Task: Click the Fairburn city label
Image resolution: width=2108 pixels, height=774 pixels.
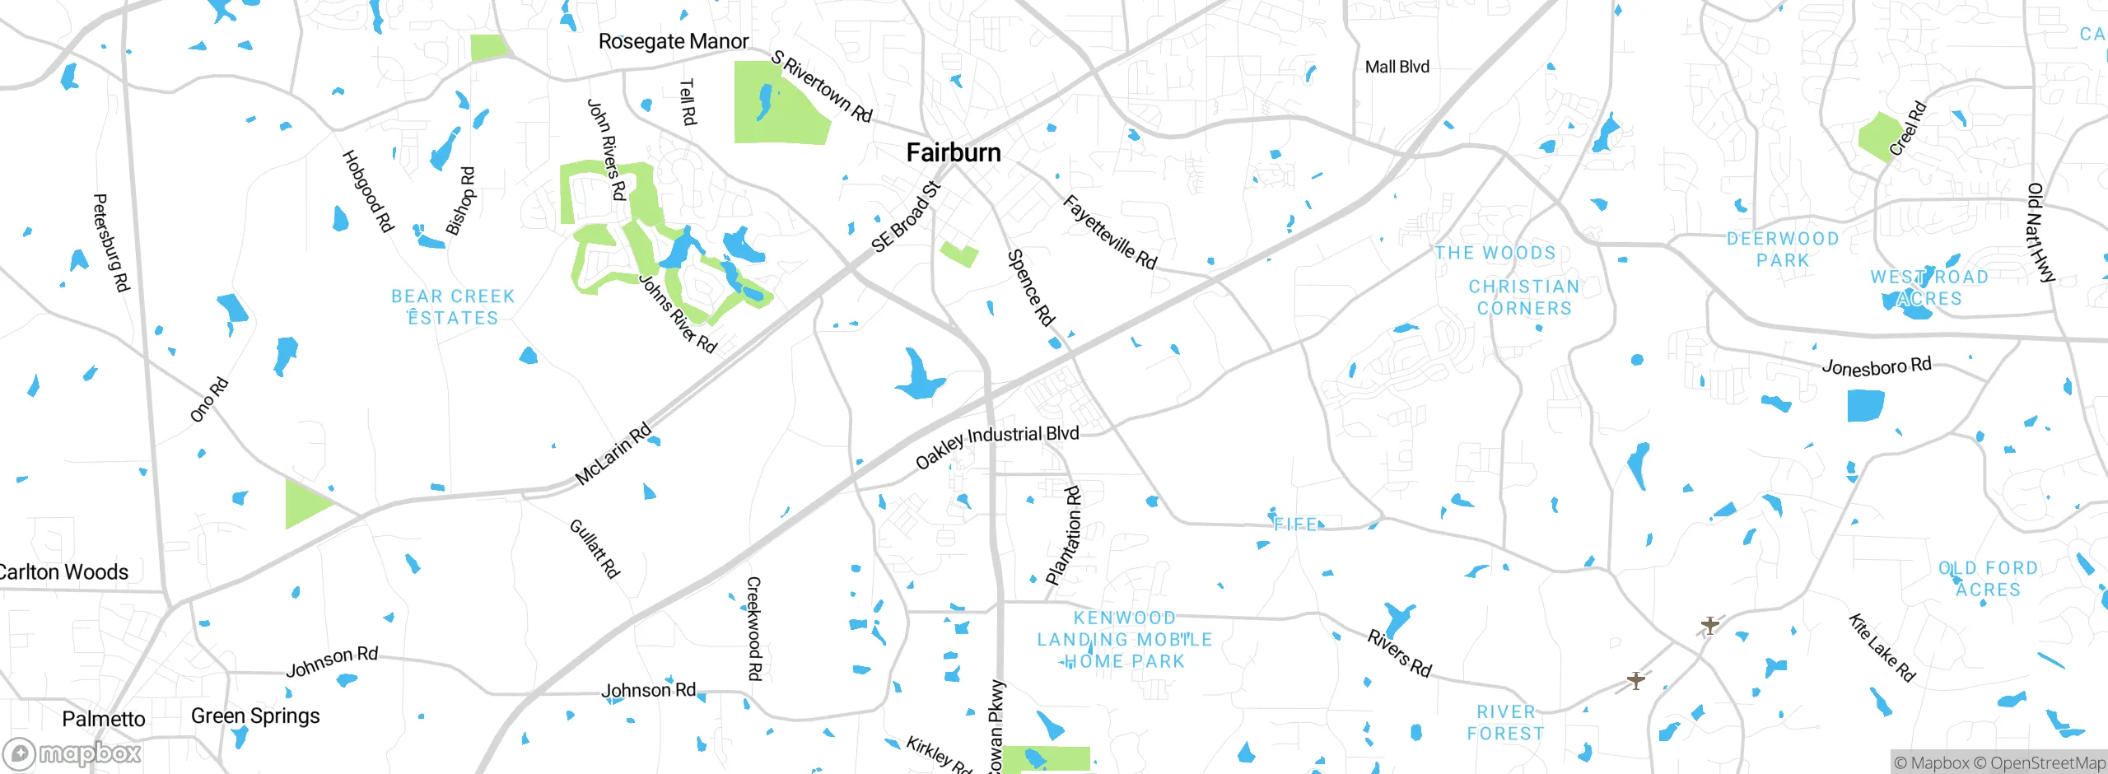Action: (x=954, y=152)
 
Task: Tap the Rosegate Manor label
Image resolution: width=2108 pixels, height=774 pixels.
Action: (x=673, y=41)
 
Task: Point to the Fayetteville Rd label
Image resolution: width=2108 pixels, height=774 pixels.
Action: (x=1109, y=232)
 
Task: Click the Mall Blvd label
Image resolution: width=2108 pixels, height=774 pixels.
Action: (x=1397, y=67)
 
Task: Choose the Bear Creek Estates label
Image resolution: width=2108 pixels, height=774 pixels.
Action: (x=453, y=307)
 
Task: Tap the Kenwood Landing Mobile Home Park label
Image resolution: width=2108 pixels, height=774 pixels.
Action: (x=1124, y=640)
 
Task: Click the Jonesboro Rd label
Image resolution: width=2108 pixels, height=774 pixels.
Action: (x=1876, y=366)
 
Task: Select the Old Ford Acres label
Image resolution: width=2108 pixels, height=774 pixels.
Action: (x=1988, y=579)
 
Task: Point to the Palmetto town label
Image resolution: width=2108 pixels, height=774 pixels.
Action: (x=104, y=719)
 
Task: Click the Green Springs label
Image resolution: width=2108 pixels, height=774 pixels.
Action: (x=255, y=716)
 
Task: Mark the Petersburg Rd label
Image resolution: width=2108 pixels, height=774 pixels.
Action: (x=110, y=243)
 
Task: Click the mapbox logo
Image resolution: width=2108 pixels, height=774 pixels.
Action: (x=72, y=753)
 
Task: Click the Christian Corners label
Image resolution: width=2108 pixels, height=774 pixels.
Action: (x=1524, y=297)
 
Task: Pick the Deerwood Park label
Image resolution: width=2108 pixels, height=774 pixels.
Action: (x=1783, y=249)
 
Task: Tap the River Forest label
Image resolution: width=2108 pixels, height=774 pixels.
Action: (x=1505, y=723)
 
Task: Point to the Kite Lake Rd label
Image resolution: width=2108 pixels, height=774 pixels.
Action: (x=1882, y=647)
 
